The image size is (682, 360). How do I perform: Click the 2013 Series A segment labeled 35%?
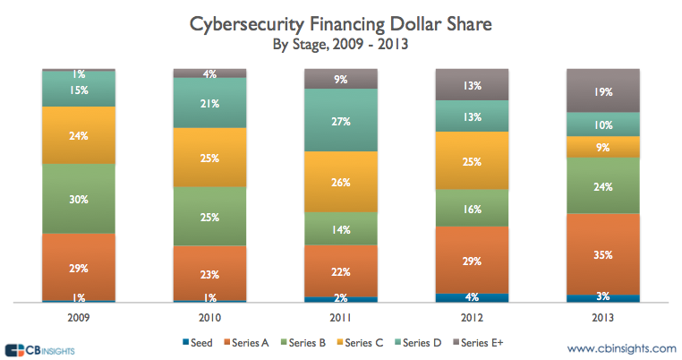(603, 254)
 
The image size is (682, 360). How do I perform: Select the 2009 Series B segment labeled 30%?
(78, 199)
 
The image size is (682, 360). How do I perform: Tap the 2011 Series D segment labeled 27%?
(341, 121)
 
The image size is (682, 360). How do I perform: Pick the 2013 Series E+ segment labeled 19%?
(603, 90)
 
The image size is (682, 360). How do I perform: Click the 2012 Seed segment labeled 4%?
(472, 297)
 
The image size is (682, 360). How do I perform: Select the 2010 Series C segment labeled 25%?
(209, 157)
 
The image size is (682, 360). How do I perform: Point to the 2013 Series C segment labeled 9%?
(603, 147)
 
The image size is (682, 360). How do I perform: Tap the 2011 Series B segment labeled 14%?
(341, 228)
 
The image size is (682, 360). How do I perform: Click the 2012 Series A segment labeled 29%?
(472, 260)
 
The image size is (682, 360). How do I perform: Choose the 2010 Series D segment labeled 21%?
(209, 103)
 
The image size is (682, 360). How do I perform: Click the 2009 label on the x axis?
(78, 316)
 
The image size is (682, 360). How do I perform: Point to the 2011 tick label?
(341, 316)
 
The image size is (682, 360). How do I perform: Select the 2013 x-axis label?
(603, 316)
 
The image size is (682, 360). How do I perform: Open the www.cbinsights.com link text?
(621, 347)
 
